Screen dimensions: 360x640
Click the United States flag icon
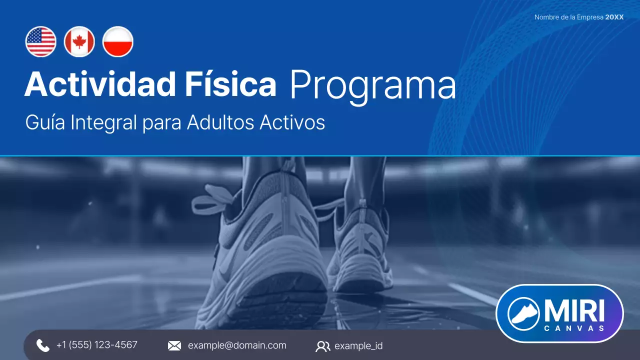click(x=41, y=41)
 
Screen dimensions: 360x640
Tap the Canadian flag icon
click(x=79, y=41)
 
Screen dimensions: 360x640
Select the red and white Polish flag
click(x=118, y=41)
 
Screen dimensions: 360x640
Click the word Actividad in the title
click(x=99, y=84)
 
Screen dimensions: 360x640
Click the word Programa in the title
click(x=372, y=85)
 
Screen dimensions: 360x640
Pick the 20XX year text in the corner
click(x=614, y=17)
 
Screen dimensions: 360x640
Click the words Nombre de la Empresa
click(x=568, y=17)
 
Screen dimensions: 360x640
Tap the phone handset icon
click(x=43, y=345)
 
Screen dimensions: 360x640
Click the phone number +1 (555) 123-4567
click(x=97, y=345)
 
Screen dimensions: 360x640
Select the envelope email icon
click(x=174, y=345)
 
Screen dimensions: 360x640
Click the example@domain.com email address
click(x=237, y=345)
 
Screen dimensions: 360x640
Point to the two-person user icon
click(x=323, y=346)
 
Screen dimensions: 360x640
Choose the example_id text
click(x=358, y=346)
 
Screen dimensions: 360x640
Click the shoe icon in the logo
click(x=523, y=313)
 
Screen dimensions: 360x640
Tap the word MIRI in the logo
click(x=574, y=310)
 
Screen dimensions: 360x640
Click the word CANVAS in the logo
click(x=574, y=328)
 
